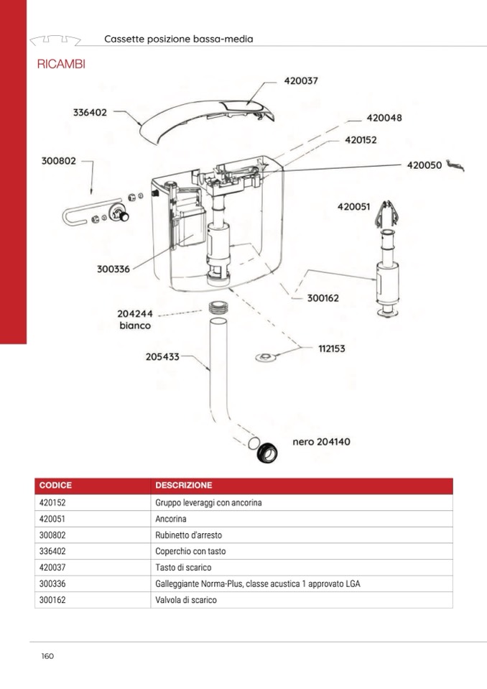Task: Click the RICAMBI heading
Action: (x=60, y=65)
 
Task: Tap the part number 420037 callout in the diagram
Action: (x=300, y=81)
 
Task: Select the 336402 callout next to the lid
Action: (x=90, y=112)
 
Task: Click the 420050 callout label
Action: (x=425, y=165)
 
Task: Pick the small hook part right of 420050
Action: (x=455, y=166)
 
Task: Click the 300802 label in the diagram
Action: (x=58, y=161)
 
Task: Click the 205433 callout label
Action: (x=162, y=356)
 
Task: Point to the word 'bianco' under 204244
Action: (x=134, y=325)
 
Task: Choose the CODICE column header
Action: (x=55, y=486)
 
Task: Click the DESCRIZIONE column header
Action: (x=184, y=486)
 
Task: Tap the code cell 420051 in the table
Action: (x=52, y=519)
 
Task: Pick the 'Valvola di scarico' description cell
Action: (x=185, y=600)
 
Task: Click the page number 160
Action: (x=47, y=656)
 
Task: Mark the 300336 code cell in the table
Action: (x=52, y=584)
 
